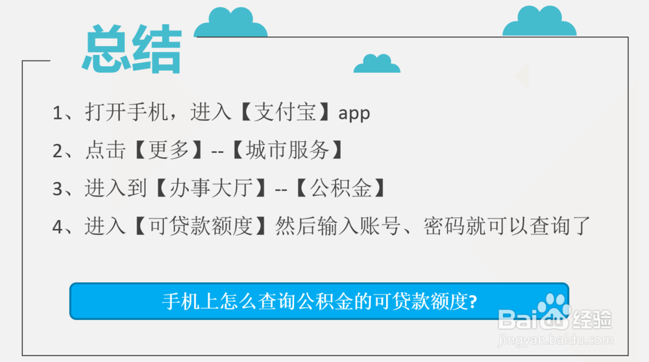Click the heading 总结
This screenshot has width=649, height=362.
point(131,51)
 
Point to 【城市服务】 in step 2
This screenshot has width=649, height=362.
point(286,151)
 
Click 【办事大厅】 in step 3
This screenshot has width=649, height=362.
point(211,189)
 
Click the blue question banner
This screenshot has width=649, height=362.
point(319,301)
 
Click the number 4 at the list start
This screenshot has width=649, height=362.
point(58,227)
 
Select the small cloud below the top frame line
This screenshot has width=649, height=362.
point(376,64)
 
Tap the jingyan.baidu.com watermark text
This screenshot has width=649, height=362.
point(554,339)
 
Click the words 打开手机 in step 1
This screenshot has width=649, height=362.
point(126,113)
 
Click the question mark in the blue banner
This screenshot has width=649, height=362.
point(473,302)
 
